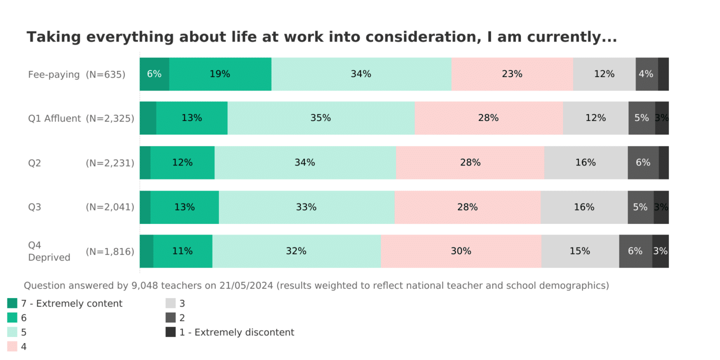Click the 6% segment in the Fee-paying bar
tap(154, 74)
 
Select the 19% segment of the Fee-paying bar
tap(220, 74)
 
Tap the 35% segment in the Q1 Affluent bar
tap(320, 118)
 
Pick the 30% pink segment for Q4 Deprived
tap(460, 251)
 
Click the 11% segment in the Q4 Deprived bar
tap(182, 251)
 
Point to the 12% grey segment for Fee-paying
tap(604, 74)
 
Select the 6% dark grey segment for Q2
tap(643, 162)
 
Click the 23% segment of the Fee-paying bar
tap(512, 74)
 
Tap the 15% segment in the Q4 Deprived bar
tap(579, 251)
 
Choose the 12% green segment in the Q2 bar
tap(182, 162)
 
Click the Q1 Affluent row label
tap(54, 118)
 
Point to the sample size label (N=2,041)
tap(110, 207)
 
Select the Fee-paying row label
tap(54, 74)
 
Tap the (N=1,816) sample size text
tap(110, 251)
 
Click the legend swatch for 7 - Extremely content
tap(12, 303)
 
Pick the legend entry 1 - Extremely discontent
tap(236, 332)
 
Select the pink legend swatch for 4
tap(12, 346)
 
